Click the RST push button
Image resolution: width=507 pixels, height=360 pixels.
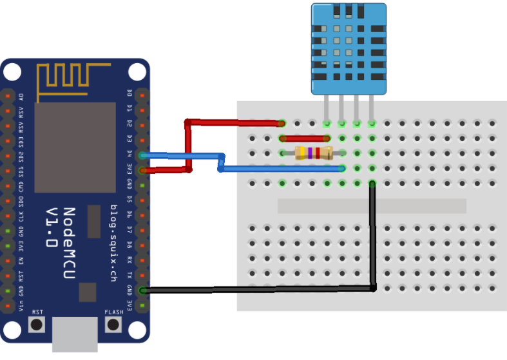[x=37, y=323]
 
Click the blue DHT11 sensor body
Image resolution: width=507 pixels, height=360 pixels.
[x=350, y=48]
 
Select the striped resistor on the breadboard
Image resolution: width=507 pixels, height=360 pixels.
[x=313, y=153]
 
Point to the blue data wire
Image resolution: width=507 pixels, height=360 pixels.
[x=283, y=169]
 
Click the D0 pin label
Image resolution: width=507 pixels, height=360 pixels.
[x=129, y=93]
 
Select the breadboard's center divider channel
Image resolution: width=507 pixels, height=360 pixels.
[x=372, y=205]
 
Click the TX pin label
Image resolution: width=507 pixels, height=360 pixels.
[x=129, y=274]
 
